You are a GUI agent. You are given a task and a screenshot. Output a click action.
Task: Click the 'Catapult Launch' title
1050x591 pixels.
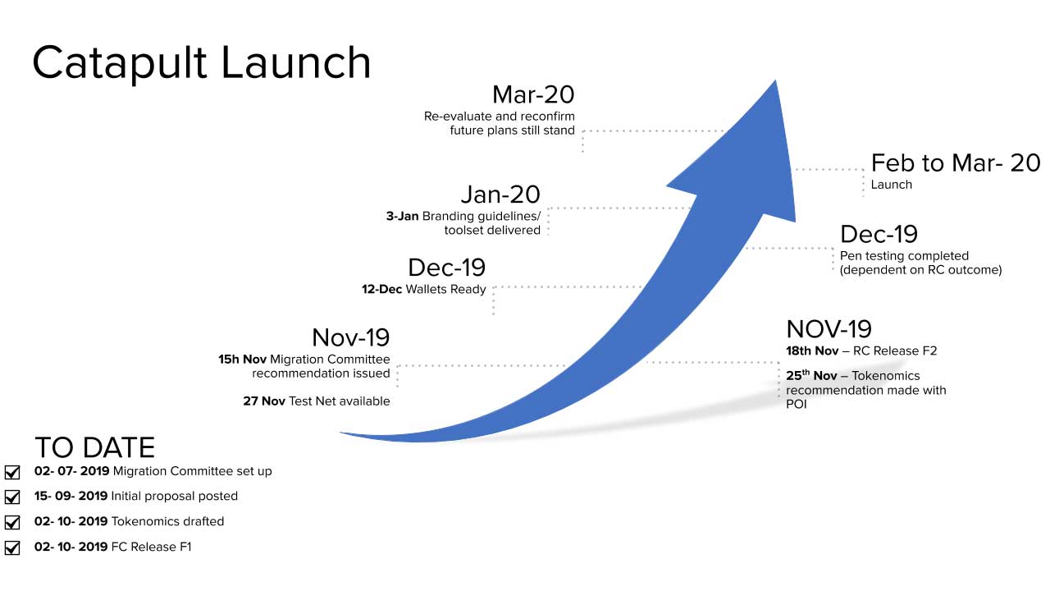click(x=202, y=64)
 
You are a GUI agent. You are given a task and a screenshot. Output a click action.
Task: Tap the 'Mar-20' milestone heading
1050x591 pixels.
click(x=533, y=94)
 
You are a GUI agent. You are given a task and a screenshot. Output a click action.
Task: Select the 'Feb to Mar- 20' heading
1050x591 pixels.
click(x=956, y=163)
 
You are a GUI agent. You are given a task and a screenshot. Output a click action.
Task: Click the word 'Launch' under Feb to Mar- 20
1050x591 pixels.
click(x=891, y=185)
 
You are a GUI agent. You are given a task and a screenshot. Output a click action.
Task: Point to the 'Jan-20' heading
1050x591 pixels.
click(x=500, y=195)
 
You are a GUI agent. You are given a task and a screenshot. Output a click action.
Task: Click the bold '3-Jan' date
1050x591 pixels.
click(x=402, y=216)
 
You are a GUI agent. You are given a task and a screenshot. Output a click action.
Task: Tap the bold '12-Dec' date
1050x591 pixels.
click(x=381, y=290)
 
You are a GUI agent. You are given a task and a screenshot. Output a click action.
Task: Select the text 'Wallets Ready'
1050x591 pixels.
click(x=445, y=290)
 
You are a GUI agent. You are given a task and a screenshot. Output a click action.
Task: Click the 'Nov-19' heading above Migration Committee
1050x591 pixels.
click(x=350, y=337)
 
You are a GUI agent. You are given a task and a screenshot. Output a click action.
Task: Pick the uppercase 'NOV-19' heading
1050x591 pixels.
click(x=829, y=329)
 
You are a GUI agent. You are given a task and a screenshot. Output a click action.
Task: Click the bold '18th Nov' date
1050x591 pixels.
click(x=812, y=350)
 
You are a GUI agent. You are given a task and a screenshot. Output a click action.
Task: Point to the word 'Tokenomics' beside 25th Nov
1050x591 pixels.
click(x=886, y=376)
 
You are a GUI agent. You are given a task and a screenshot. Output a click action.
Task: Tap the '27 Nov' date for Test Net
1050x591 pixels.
click(x=264, y=401)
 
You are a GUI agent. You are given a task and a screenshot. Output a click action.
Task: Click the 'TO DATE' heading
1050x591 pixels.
click(x=94, y=447)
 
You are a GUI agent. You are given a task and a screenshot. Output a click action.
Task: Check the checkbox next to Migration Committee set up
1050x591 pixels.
click(x=12, y=472)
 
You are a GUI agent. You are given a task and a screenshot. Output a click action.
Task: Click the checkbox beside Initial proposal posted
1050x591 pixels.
click(x=12, y=497)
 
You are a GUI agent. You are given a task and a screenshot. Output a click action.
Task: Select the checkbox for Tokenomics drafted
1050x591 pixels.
click(x=12, y=522)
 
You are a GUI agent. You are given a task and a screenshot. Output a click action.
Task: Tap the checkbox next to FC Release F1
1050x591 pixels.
click(x=12, y=547)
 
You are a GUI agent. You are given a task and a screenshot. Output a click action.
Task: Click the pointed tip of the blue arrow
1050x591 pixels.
click(x=775, y=81)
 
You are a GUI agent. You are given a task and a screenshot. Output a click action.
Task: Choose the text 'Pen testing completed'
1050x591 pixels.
click(x=904, y=256)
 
